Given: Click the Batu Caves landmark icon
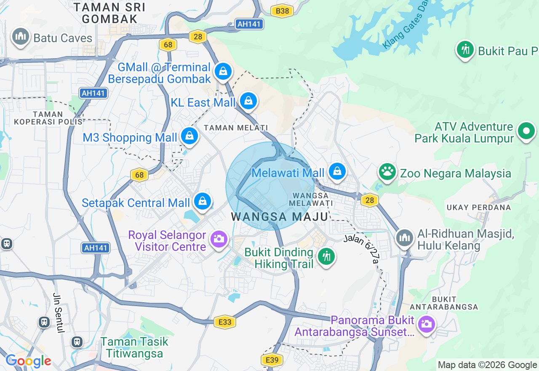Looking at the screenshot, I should point(20,37).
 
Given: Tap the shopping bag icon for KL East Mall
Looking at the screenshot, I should point(248,101).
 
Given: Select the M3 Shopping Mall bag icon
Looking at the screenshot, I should point(189,137).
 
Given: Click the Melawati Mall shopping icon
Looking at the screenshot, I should point(337,172).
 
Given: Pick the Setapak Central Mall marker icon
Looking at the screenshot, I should point(203,202).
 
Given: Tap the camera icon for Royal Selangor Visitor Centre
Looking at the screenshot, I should point(219,239).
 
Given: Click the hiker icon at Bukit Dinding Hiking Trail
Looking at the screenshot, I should point(326,256).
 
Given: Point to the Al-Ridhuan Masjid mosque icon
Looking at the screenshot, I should point(405,238).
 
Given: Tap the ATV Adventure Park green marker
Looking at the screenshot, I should point(526,131).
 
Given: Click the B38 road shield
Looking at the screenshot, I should point(282,11).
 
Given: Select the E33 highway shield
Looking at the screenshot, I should point(224,323).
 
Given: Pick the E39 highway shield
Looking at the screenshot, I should point(272,360).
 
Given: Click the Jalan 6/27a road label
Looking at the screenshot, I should point(361,249).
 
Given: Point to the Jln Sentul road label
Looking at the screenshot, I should point(58,313).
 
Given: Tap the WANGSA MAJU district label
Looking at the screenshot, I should point(280,217).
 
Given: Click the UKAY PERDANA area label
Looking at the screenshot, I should point(479,207).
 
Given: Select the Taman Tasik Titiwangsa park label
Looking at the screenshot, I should point(134,347).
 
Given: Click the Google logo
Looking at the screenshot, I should point(28,361).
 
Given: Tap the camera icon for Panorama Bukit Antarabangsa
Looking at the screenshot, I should point(426,324).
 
